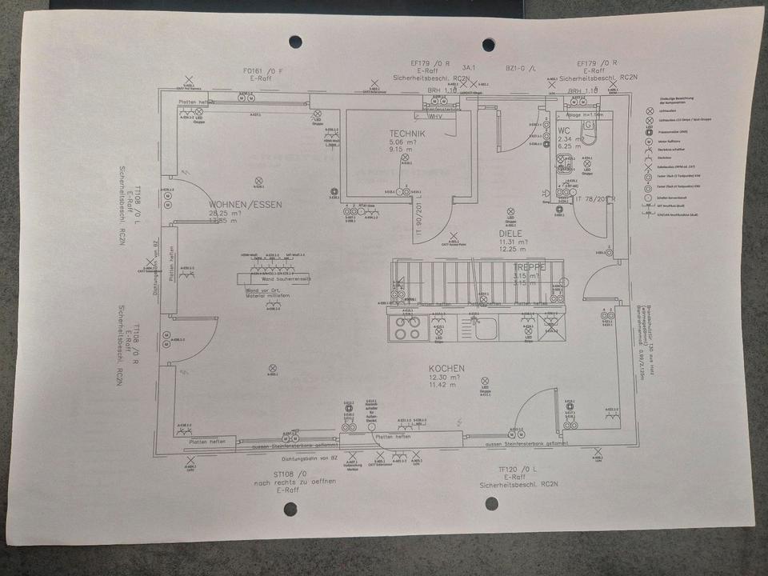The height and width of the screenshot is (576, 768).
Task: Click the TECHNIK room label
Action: coord(407,134)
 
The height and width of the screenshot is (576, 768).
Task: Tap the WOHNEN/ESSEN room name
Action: coord(245,205)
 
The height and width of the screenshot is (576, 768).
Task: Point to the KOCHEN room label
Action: coord(446,368)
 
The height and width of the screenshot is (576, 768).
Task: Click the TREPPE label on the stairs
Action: coord(530,266)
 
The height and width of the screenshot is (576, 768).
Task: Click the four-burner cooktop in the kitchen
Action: coord(404,326)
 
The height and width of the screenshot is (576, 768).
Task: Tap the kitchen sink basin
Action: coord(486,327)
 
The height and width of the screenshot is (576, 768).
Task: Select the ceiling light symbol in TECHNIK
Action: coord(405,158)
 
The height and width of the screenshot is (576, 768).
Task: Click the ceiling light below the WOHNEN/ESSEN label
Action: coord(258,181)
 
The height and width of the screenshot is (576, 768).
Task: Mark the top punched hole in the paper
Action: coord(295,41)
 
